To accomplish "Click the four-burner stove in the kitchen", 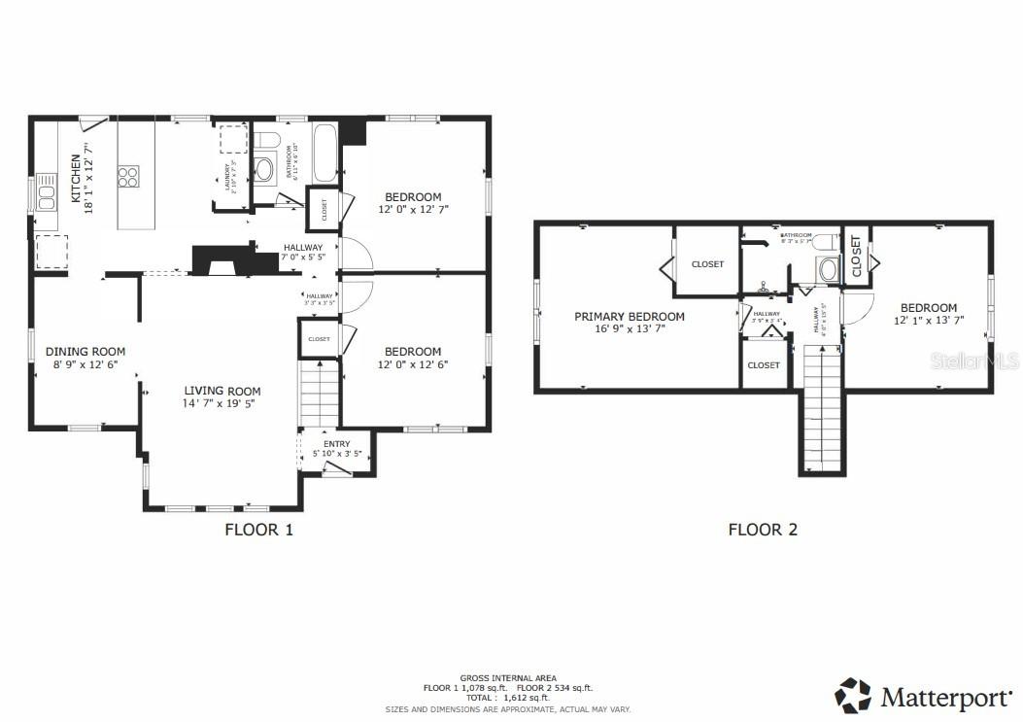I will [x=128, y=176].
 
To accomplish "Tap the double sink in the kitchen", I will [x=46, y=197].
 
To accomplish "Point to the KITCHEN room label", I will [x=76, y=179].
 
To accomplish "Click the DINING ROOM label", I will [x=85, y=352].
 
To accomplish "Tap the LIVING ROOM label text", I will [x=222, y=391].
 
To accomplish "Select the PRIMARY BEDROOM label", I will [x=629, y=317].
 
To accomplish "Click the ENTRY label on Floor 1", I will [x=336, y=444].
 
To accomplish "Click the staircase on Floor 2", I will [x=822, y=409].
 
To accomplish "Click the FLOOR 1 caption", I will [x=258, y=530].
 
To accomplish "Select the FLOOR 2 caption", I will [x=763, y=530].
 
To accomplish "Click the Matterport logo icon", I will [x=853, y=696].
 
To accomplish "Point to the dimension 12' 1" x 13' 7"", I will [x=928, y=320].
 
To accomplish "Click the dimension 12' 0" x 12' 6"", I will [x=412, y=365].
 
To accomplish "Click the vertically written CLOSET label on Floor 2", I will [x=856, y=258].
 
